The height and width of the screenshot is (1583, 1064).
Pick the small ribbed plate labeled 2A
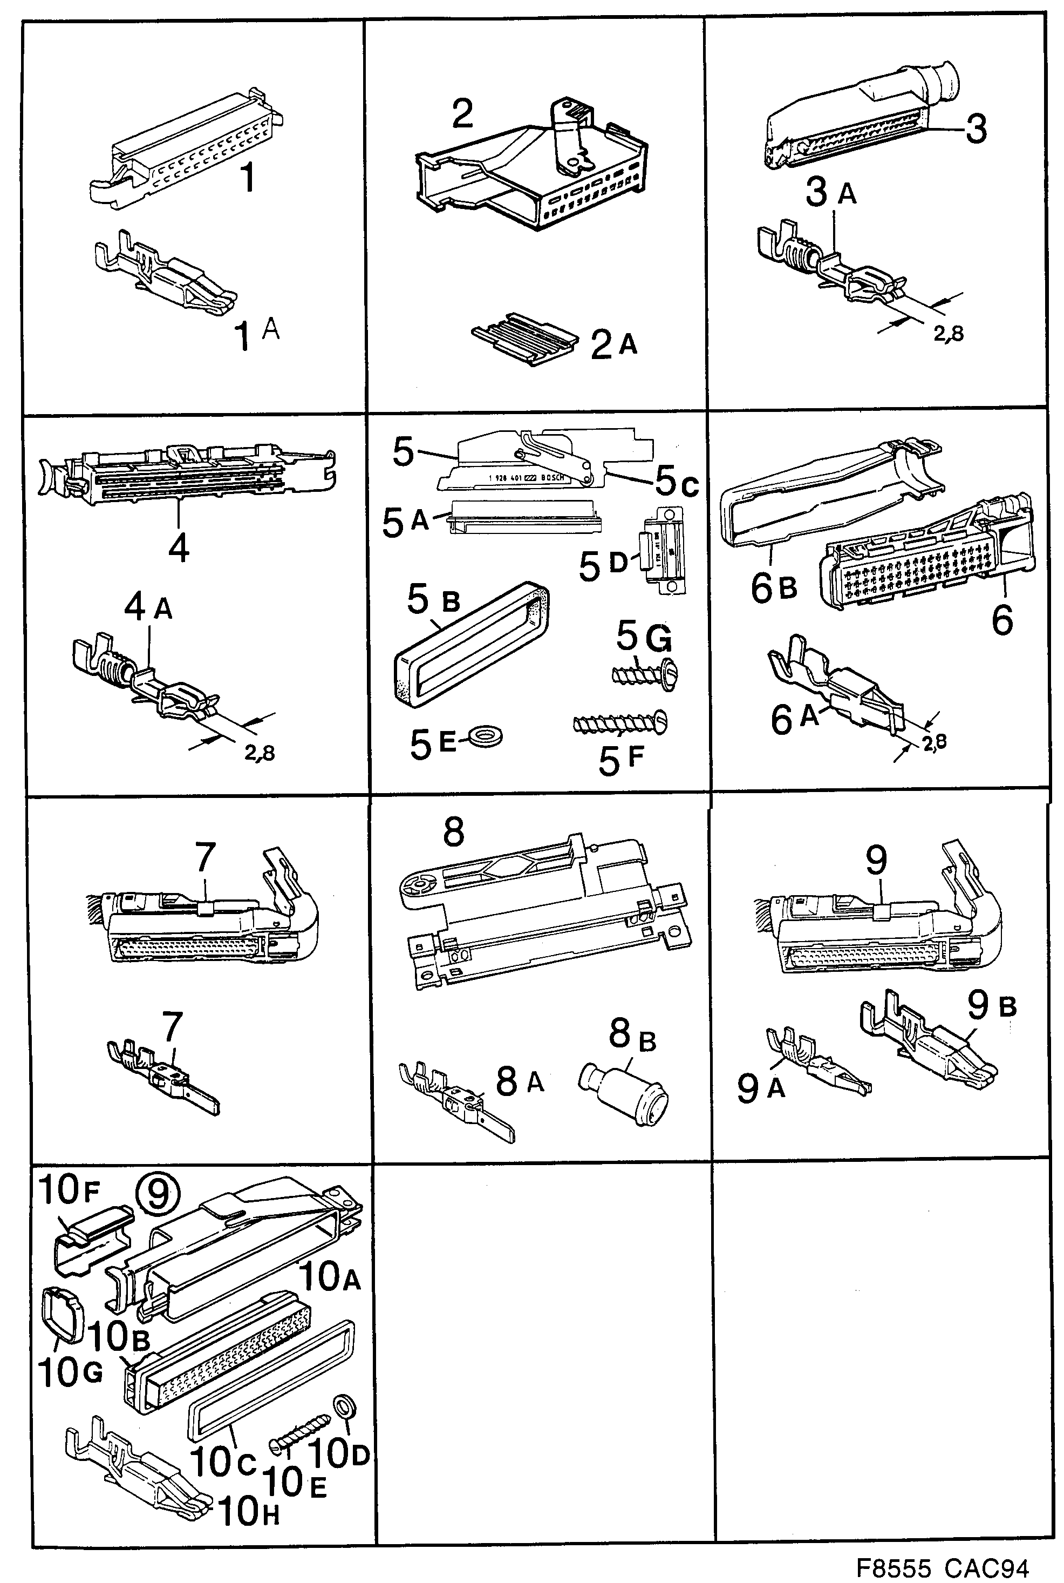click(x=523, y=339)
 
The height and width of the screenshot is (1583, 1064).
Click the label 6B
click(x=773, y=587)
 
